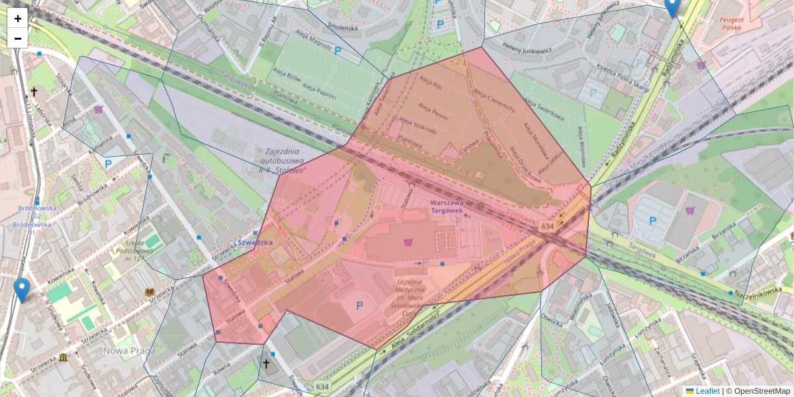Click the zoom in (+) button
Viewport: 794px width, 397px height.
click(18, 18)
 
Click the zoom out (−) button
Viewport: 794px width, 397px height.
click(18, 38)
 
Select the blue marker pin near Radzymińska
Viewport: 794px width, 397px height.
click(672, 7)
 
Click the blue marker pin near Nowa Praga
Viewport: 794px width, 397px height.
click(22, 289)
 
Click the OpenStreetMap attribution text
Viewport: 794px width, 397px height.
click(762, 391)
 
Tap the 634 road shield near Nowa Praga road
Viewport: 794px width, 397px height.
click(547, 226)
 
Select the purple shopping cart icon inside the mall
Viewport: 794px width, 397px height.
click(408, 242)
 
